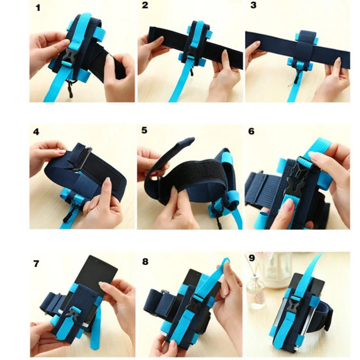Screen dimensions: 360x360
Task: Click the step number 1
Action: [x=38, y=8]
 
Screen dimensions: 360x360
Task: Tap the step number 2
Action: [x=145, y=5]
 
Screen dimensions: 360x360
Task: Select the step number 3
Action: [x=253, y=5]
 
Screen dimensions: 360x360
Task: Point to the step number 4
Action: [x=36, y=132]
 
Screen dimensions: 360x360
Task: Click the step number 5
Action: [x=144, y=130]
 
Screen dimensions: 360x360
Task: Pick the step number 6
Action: [x=252, y=131]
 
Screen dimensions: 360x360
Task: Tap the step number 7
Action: [x=36, y=264]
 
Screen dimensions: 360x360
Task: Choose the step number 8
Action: [x=145, y=261]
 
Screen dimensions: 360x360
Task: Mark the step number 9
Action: [x=252, y=258]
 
